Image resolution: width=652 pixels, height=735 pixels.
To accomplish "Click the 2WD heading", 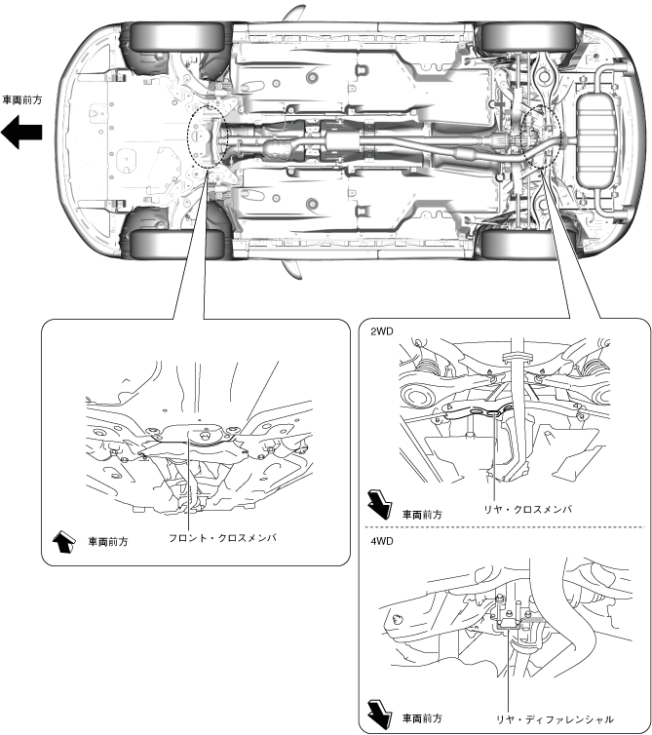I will coord(382,331).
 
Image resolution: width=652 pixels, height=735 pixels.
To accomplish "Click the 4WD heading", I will coord(382,539).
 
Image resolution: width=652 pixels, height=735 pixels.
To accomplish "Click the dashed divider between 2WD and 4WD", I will coord(505,527).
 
